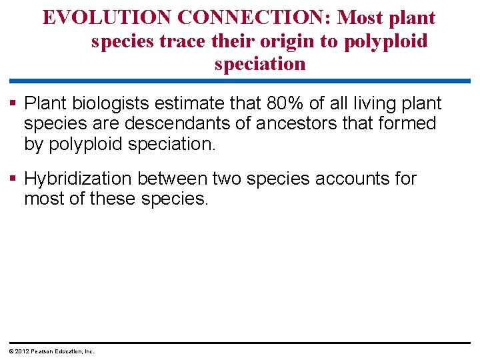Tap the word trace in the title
coord(187,41)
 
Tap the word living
coord(377,103)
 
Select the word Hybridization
coord(81,179)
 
